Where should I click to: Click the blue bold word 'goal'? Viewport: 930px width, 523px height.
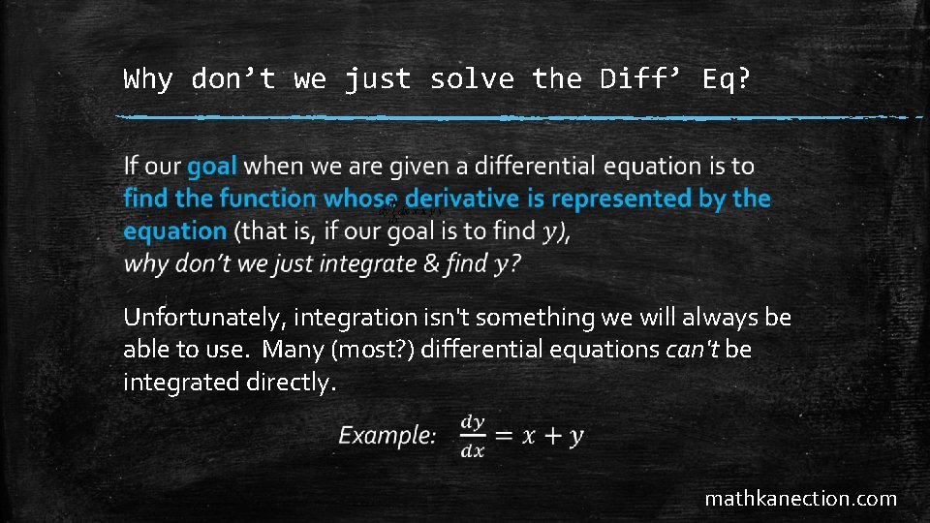[212, 167]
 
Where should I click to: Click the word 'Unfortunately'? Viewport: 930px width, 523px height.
[205, 318]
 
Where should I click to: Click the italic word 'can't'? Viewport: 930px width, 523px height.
[693, 350]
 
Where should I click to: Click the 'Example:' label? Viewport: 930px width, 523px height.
[387, 436]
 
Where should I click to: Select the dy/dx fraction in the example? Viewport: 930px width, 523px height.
[473, 436]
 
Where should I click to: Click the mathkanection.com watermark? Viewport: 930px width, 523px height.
[800, 499]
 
